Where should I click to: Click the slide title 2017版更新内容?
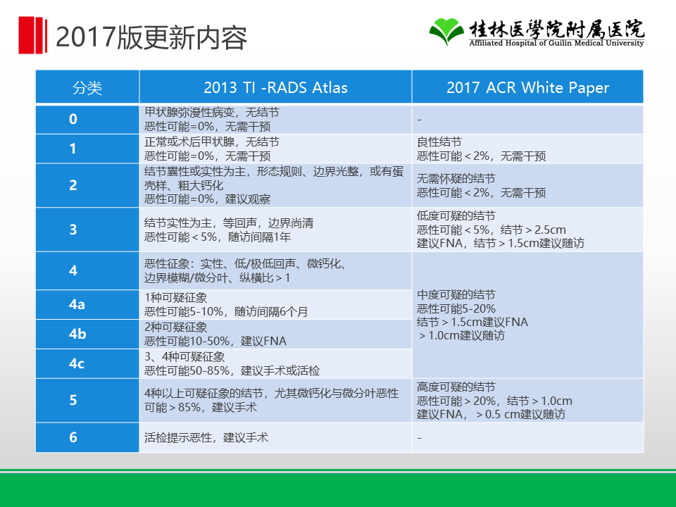click(151, 37)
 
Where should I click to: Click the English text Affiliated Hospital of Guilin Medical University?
click(556, 43)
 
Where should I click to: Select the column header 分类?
click(87, 87)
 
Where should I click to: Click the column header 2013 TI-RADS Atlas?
click(275, 87)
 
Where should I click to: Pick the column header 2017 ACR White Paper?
click(527, 87)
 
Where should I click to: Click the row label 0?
click(73, 119)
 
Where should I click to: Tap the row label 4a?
click(77, 304)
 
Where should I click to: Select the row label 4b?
click(77, 334)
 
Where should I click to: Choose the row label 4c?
click(77, 363)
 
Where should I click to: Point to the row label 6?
click(73, 437)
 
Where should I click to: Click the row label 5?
click(73, 400)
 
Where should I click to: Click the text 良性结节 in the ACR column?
click(439, 142)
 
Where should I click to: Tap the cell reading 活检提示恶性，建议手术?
click(206, 437)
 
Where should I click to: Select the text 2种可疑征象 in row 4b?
click(175, 327)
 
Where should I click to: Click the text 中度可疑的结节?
click(456, 295)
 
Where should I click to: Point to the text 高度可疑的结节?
click(456, 387)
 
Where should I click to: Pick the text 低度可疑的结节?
click(456, 215)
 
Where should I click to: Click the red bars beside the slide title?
click(33, 35)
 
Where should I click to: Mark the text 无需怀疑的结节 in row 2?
click(456, 178)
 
